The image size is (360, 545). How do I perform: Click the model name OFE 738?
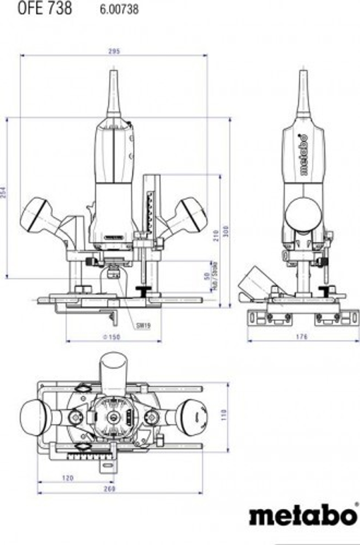(45, 8)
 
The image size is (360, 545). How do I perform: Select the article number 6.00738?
(119, 9)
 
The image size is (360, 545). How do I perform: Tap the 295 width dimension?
(114, 51)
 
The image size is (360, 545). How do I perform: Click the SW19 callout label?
(143, 326)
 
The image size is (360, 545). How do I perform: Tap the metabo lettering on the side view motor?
(304, 155)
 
